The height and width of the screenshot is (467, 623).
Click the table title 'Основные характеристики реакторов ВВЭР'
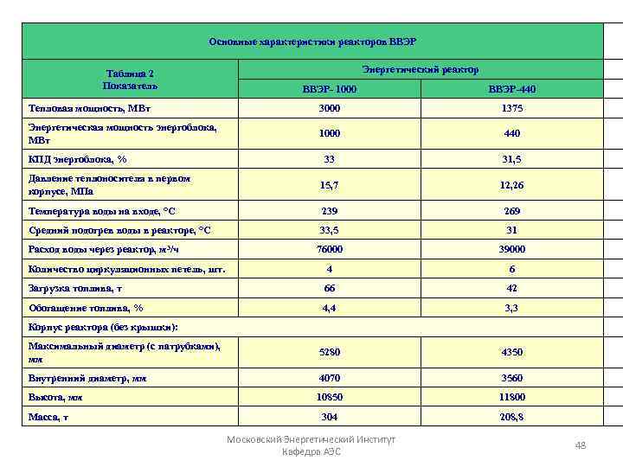(312, 42)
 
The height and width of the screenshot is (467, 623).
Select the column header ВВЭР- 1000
(329, 89)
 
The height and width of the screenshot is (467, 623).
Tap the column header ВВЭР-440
(511, 89)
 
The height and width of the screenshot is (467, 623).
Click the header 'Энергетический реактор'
(420, 68)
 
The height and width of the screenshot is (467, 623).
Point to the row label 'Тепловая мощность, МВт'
(82, 109)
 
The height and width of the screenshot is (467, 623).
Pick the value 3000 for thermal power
(329, 109)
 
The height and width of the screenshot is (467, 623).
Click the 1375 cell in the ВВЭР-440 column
(511, 109)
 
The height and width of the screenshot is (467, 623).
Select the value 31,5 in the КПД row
(511, 160)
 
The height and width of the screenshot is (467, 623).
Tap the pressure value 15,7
(329, 185)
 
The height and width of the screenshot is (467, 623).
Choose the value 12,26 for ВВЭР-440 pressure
(511, 185)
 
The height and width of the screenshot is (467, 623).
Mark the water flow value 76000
(329, 249)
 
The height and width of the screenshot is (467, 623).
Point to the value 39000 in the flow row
(511, 249)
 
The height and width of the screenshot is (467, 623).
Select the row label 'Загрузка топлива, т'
(76, 288)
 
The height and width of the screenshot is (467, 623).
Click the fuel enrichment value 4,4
(329, 307)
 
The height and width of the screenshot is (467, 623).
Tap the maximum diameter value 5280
(329, 352)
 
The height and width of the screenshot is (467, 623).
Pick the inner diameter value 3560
(511, 378)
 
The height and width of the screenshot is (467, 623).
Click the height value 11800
(511, 397)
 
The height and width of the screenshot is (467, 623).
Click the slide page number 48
(581, 445)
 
